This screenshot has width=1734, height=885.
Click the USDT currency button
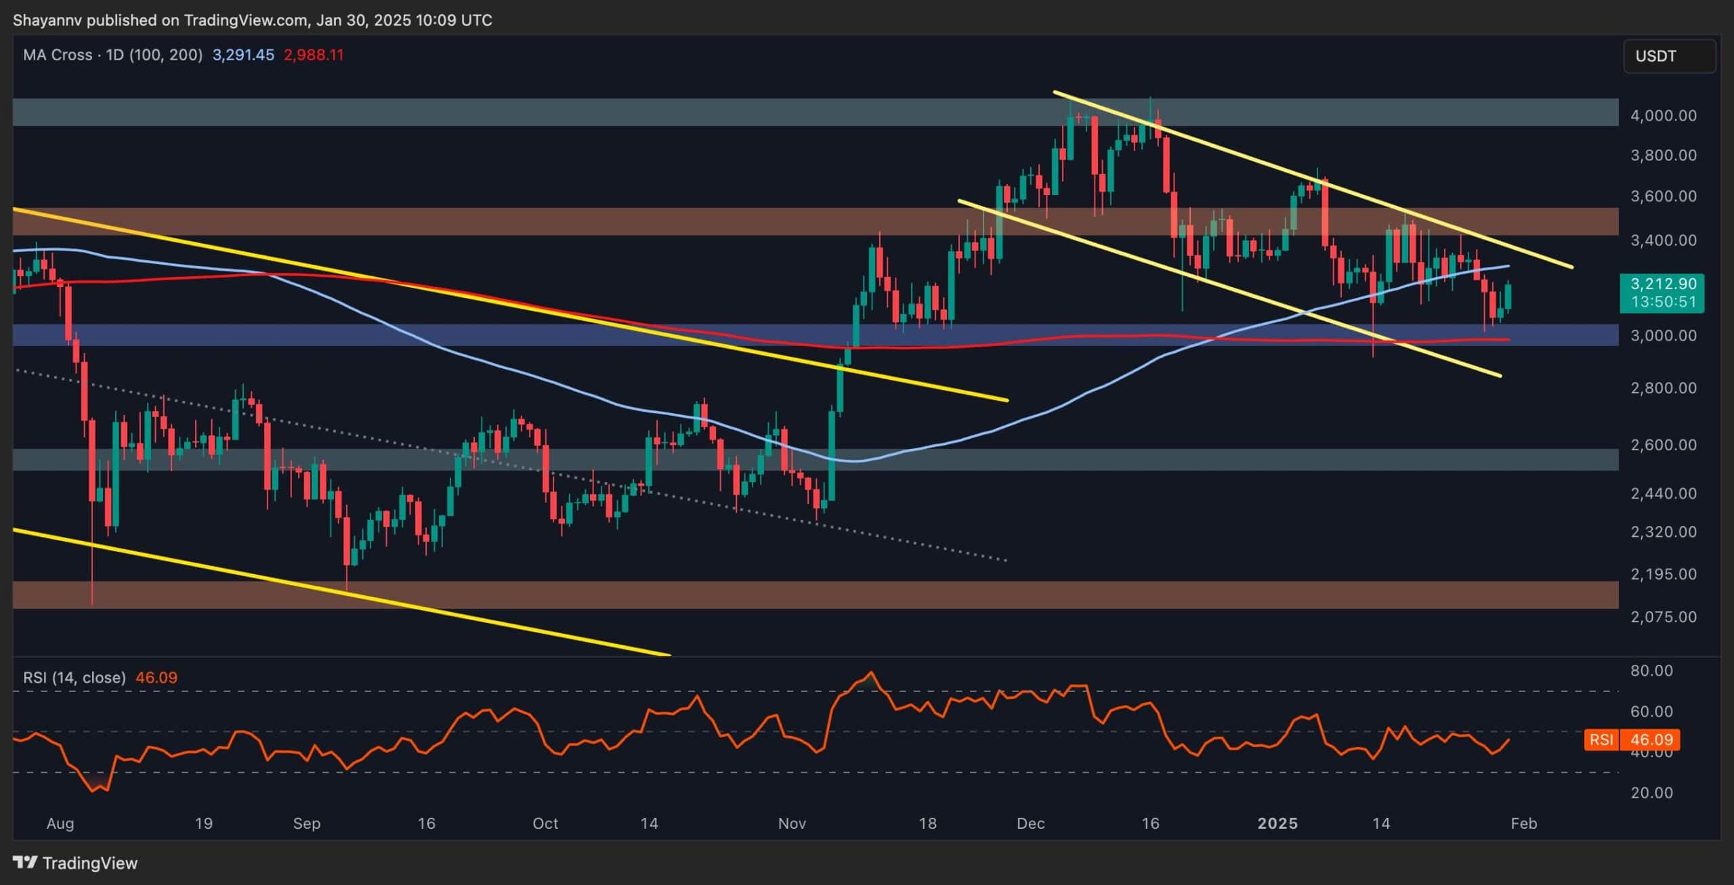pos(1669,56)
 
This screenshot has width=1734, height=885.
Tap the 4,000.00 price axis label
pos(1663,116)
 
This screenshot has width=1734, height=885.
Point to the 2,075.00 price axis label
pos(1663,617)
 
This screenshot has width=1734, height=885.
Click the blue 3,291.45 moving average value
pos(243,55)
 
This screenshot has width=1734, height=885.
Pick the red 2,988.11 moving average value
pos(314,55)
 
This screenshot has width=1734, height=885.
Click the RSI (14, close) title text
pos(75,678)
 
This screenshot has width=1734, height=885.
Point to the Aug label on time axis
pos(60,823)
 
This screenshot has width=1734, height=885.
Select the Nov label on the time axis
pos(792,823)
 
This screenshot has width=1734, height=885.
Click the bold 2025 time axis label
pos(1277,823)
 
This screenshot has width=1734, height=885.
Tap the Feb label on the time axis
pos(1524,823)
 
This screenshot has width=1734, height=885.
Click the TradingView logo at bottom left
pos(75,863)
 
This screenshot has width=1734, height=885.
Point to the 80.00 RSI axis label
pos(1651,670)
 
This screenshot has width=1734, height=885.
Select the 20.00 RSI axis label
pos(1651,792)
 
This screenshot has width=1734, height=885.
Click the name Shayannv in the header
pos(46,20)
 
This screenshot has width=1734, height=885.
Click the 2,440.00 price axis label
pos(1663,494)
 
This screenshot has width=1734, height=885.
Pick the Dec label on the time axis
pos(1031,823)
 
